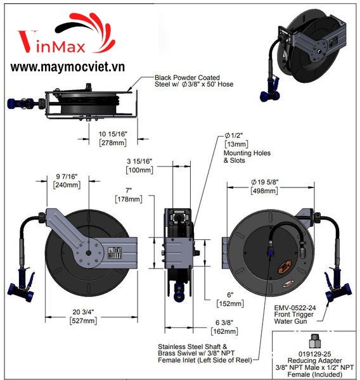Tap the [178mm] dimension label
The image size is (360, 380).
click(x=129, y=199)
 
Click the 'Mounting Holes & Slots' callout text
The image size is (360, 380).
click(x=247, y=157)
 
